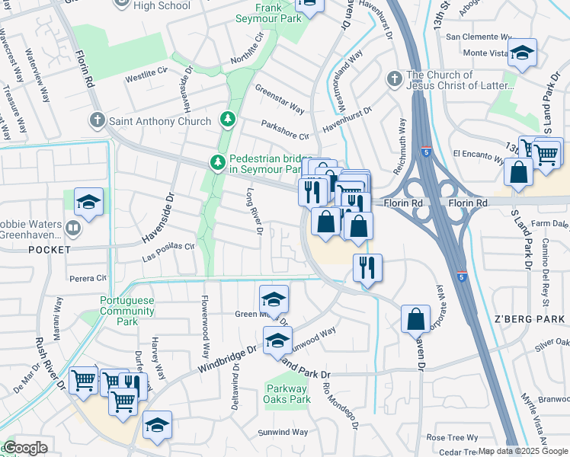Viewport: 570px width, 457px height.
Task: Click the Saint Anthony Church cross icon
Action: tap(97, 120)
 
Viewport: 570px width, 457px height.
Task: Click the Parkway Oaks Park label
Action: tap(288, 394)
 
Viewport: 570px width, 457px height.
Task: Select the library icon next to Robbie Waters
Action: tap(73, 228)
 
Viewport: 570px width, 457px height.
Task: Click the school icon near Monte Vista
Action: tap(523, 53)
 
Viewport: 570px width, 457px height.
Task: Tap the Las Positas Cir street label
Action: tap(169, 253)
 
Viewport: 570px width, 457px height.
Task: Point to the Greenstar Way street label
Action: tap(280, 99)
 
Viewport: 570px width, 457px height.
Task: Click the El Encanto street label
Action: tap(478, 155)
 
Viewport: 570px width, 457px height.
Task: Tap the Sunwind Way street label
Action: tap(283, 432)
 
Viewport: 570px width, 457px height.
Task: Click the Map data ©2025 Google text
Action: tap(523, 451)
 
